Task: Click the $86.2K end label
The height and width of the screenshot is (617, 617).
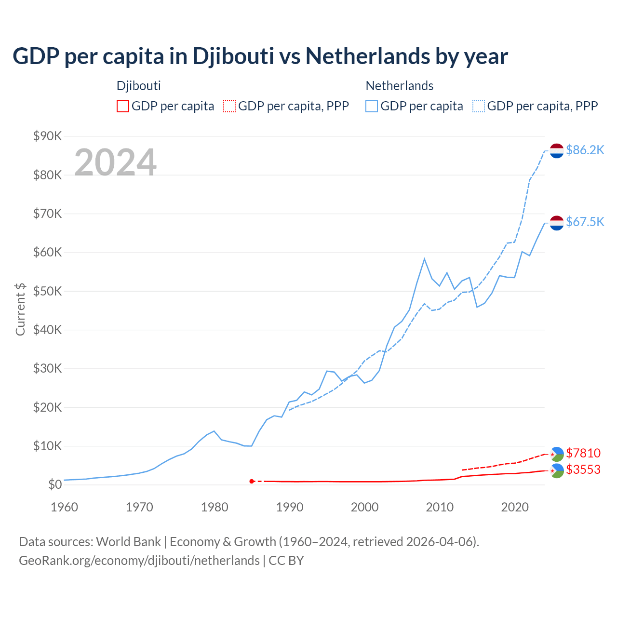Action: [585, 150]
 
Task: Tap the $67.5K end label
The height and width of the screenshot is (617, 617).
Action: [585, 222]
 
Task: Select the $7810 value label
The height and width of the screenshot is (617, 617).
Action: [583, 453]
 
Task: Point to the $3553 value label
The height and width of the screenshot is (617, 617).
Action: [583, 469]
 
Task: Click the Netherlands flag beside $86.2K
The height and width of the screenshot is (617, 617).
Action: [557, 150]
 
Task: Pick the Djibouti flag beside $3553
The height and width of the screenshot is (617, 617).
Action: [557, 470]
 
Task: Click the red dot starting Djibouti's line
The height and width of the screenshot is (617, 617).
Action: [252, 481]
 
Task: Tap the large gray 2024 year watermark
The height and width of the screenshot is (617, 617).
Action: [115, 162]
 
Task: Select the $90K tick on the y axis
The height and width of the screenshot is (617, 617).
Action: [47, 136]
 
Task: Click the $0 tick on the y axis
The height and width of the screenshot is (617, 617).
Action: [55, 484]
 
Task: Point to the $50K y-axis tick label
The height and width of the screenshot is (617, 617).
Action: [47, 291]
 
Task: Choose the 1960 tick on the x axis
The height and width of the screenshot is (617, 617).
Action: [64, 507]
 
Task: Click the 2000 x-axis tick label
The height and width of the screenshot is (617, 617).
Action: [364, 507]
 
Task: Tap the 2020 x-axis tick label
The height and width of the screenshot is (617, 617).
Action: [515, 507]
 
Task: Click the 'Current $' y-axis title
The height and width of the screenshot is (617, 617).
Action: [20, 309]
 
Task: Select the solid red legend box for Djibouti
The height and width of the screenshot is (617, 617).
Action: [123, 106]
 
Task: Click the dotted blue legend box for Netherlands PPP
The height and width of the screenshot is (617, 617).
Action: [479, 106]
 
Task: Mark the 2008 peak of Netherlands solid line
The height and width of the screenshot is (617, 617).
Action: [424, 259]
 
